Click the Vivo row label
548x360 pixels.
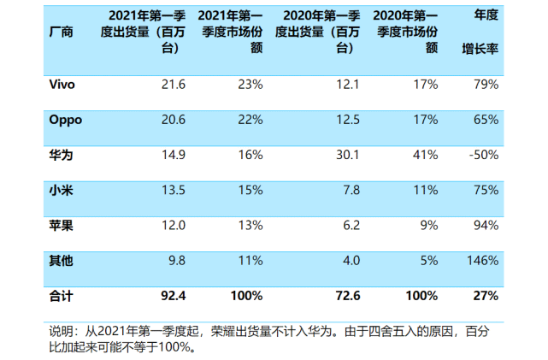(x=63, y=85)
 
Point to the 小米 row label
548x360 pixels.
(x=62, y=189)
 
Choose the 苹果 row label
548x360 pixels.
(x=62, y=225)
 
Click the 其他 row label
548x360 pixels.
(x=62, y=260)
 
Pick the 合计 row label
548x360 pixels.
(x=62, y=295)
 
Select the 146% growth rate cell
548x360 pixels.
(x=482, y=260)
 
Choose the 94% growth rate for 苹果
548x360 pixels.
(x=486, y=225)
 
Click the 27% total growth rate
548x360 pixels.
(x=486, y=295)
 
